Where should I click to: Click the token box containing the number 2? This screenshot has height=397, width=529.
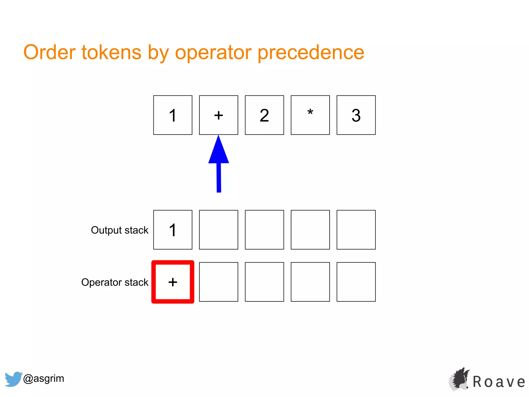(x=264, y=115)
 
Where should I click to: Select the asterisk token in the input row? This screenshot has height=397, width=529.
(x=310, y=115)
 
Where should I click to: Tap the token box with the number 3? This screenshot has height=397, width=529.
(x=356, y=115)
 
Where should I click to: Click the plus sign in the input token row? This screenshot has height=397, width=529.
(x=219, y=115)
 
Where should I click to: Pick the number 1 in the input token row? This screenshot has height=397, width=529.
(x=173, y=115)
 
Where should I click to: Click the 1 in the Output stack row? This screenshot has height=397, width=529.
(x=173, y=230)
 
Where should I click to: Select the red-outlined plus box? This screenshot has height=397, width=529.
(x=173, y=282)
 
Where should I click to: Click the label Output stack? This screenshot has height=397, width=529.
(x=120, y=230)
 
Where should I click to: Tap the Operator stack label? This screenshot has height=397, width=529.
(x=115, y=282)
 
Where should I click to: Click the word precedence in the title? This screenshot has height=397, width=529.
(x=311, y=52)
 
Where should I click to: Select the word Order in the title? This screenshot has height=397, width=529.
(x=49, y=52)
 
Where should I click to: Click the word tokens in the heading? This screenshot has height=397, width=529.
(x=111, y=52)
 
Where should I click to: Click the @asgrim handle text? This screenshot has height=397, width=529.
(x=44, y=378)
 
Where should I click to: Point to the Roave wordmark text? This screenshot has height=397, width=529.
(x=499, y=382)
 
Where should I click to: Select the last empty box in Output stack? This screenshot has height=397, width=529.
(x=356, y=230)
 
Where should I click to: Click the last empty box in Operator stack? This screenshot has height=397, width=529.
(x=356, y=282)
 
